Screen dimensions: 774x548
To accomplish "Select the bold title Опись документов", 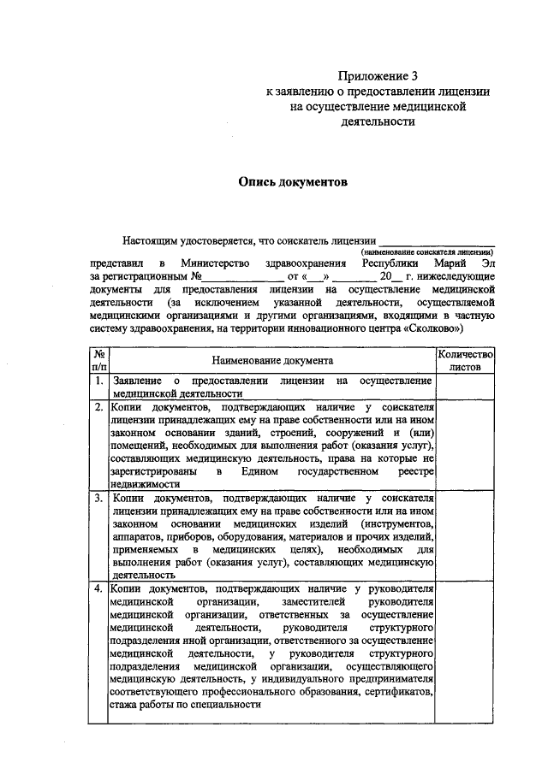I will point(293,182).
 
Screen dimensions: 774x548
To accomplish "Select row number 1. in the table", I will point(99,380).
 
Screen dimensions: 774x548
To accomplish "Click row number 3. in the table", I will point(99,497).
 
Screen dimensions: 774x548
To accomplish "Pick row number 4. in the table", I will point(99,588).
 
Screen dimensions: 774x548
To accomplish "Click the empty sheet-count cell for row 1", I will point(465,387).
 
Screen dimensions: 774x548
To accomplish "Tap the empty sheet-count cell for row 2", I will point(465,444).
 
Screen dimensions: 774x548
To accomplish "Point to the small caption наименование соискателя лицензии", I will point(426,252).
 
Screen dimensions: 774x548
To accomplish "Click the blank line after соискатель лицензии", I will point(436,239).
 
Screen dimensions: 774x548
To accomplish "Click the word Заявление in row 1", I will point(134,380).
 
